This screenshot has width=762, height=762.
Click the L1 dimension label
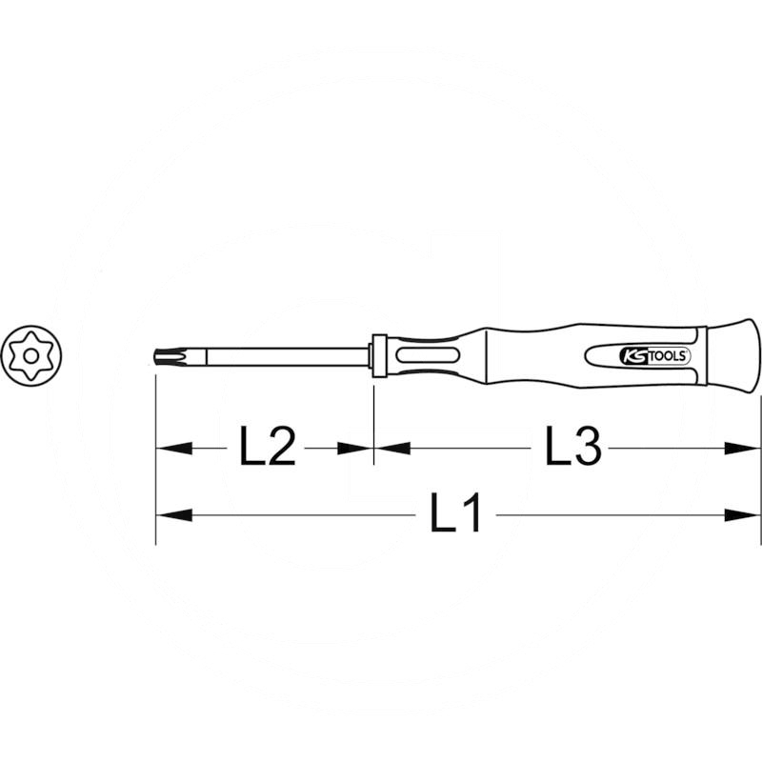click(x=455, y=515)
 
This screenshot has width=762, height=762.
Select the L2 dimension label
click(x=266, y=447)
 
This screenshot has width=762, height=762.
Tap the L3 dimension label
click(x=574, y=447)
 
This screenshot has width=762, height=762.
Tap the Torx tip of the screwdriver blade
click(x=164, y=357)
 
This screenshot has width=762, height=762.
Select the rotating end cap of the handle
click(x=735, y=354)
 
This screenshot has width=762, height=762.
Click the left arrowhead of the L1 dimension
click(x=171, y=515)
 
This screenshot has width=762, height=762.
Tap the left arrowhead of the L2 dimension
click(x=171, y=447)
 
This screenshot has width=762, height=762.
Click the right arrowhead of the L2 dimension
click(x=357, y=447)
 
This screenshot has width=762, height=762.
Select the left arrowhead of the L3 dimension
click(x=391, y=447)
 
